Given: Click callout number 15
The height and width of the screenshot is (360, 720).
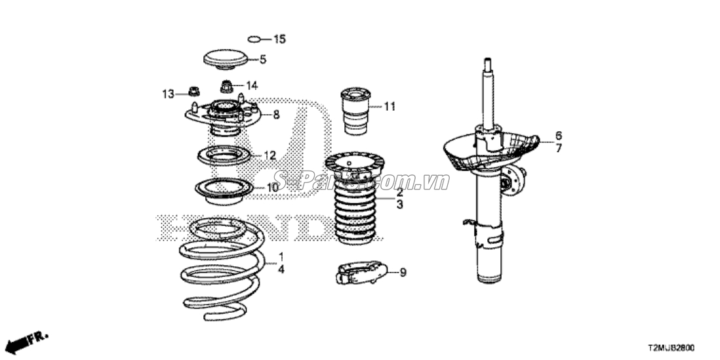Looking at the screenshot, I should coord(279,39).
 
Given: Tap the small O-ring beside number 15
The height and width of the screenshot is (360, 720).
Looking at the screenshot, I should coord(256,39).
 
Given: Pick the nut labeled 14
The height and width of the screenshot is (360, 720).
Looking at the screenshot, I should coord(226,85).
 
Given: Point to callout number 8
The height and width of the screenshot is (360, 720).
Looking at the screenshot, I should coord(276,115).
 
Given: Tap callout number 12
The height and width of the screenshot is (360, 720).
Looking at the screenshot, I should coord(270,156).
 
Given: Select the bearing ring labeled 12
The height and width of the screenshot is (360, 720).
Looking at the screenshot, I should coord(224,157).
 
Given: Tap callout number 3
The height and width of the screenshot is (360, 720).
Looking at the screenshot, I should coord(399,205).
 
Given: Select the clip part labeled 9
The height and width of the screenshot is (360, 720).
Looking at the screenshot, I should coord(361,273).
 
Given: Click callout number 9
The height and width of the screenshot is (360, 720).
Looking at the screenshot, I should coord(403,272).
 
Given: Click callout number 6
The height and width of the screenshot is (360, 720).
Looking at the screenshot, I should coord(558,135).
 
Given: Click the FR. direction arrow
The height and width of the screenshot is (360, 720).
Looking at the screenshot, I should coord(26,341).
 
